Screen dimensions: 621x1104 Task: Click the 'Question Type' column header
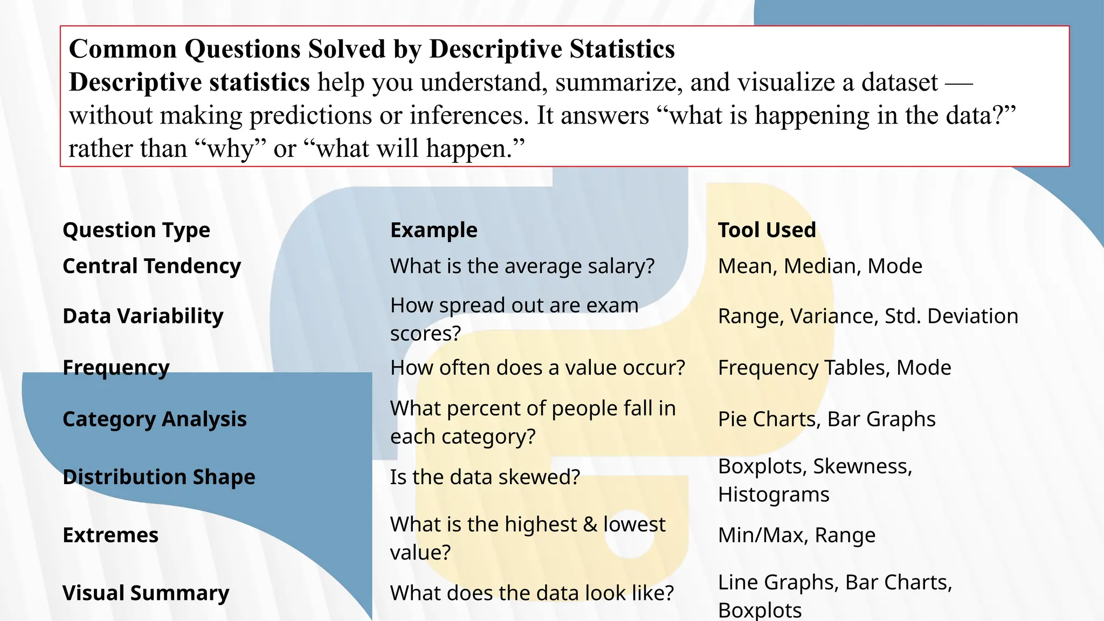(x=136, y=230)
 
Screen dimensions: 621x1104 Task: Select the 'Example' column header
(x=434, y=230)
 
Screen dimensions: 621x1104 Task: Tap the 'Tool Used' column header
(x=767, y=230)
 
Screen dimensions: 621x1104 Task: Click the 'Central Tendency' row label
(x=151, y=266)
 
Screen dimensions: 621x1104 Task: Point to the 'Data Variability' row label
(x=143, y=316)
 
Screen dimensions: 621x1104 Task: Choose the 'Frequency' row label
(x=116, y=368)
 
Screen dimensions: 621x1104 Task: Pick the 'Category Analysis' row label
(x=155, y=419)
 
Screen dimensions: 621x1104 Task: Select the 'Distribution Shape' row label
(x=159, y=477)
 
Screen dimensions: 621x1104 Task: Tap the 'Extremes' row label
(x=111, y=535)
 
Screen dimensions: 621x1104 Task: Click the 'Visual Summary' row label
(x=146, y=593)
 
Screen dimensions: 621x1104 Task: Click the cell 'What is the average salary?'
(x=522, y=266)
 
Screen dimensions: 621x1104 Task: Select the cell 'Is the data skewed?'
(x=485, y=477)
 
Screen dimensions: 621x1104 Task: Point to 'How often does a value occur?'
(x=537, y=368)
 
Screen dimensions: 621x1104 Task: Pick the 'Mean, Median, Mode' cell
(x=820, y=266)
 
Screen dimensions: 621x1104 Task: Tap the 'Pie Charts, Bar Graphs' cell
(x=826, y=419)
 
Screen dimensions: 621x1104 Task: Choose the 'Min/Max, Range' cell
(x=797, y=535)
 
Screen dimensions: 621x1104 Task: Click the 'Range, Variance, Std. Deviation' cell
(x=868, y=316)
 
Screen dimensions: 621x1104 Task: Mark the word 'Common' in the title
(x=123, y=49)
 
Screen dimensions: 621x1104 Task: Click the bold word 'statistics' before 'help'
(x=259, y=82)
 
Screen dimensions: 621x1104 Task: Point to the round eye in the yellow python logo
(x=629, y=541)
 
